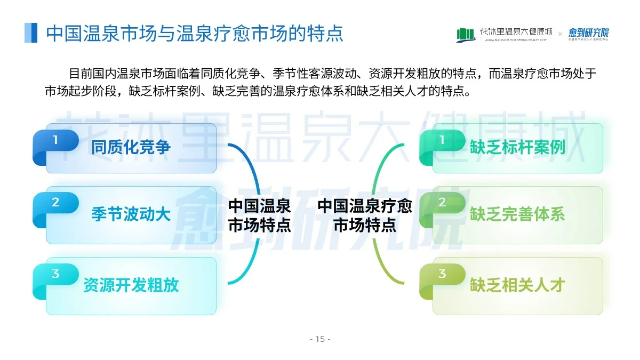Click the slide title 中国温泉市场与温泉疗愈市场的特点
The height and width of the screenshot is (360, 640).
coord(195,33)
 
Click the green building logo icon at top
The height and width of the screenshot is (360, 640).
coord(466,35)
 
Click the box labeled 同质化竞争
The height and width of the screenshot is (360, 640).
coord(131,148)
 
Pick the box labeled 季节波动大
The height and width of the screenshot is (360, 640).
coord(131,215)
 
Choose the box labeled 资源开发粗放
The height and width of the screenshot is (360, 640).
coord(131,286)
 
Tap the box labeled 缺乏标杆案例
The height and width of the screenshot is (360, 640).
coord(517,148)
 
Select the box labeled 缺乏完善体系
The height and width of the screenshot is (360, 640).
coord(517,215)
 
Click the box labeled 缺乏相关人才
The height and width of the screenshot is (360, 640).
coord(517,286)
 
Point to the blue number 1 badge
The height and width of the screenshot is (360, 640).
coord(55,140)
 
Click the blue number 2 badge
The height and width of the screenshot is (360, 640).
coord(55,203)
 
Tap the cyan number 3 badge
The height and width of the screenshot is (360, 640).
coord(55,274)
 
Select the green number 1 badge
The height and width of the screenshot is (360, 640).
coord(442,140)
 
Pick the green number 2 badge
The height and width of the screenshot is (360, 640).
coord(442,203)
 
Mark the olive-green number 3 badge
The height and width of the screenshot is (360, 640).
coord(442,274)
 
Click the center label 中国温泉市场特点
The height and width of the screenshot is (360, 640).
coord(260,215)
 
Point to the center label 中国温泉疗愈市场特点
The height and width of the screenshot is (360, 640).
coord(365,215)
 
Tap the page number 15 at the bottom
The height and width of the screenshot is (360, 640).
coord(320,339)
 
